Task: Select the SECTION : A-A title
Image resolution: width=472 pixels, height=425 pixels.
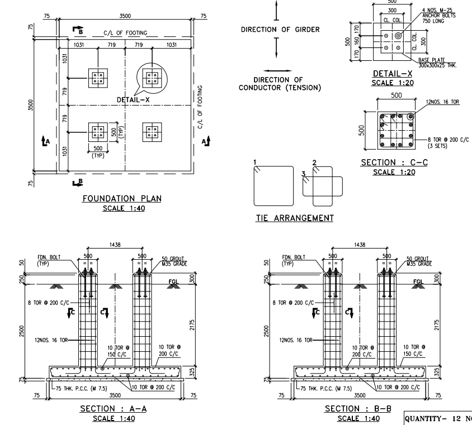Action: (x=114, y=409)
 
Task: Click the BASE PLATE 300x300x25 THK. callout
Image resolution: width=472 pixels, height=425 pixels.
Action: (x=440, y=63)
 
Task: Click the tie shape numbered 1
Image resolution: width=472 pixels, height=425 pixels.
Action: (x=273, y=187)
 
